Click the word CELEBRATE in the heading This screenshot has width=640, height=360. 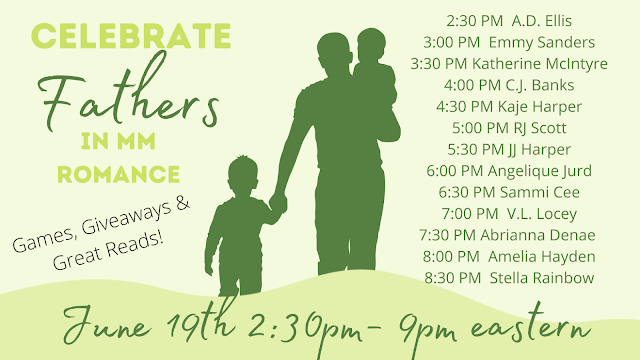[x=131, y=36]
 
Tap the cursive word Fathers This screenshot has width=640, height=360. [x=129, y=94]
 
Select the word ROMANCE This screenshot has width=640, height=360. [x=118, y=174]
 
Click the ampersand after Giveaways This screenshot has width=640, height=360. [x=182, y=203]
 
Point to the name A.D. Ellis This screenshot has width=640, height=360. [x=542, y=21]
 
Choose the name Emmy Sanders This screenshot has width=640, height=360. [x=542, y=42]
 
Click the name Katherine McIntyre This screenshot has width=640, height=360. [x=540, y=64]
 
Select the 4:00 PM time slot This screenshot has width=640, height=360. [x=472, y=85]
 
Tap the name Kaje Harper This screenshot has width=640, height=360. [x=540, y=107]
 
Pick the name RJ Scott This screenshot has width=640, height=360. [x=540, y=128]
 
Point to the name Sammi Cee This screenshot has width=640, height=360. [x=540, y=192]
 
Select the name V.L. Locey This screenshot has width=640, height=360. [x=542, y=214]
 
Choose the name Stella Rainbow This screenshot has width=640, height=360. [x=542, y=278]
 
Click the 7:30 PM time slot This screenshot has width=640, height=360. [x=447, y=235]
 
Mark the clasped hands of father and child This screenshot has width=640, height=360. [x=278, y=203]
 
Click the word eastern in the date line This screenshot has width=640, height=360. [x=530, y=327]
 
